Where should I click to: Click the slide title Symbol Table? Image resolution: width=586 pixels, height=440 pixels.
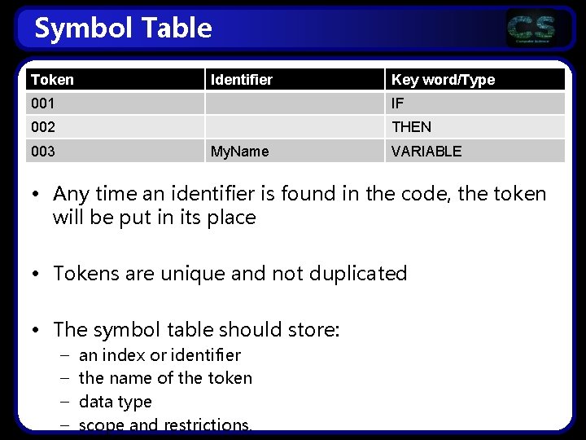coord(123,29)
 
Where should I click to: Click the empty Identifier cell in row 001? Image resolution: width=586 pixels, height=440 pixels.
coord(293,103)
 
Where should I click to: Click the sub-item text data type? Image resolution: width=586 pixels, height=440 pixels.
coord(115,402)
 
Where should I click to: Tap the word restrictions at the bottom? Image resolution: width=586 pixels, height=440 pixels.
coord(207,425)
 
